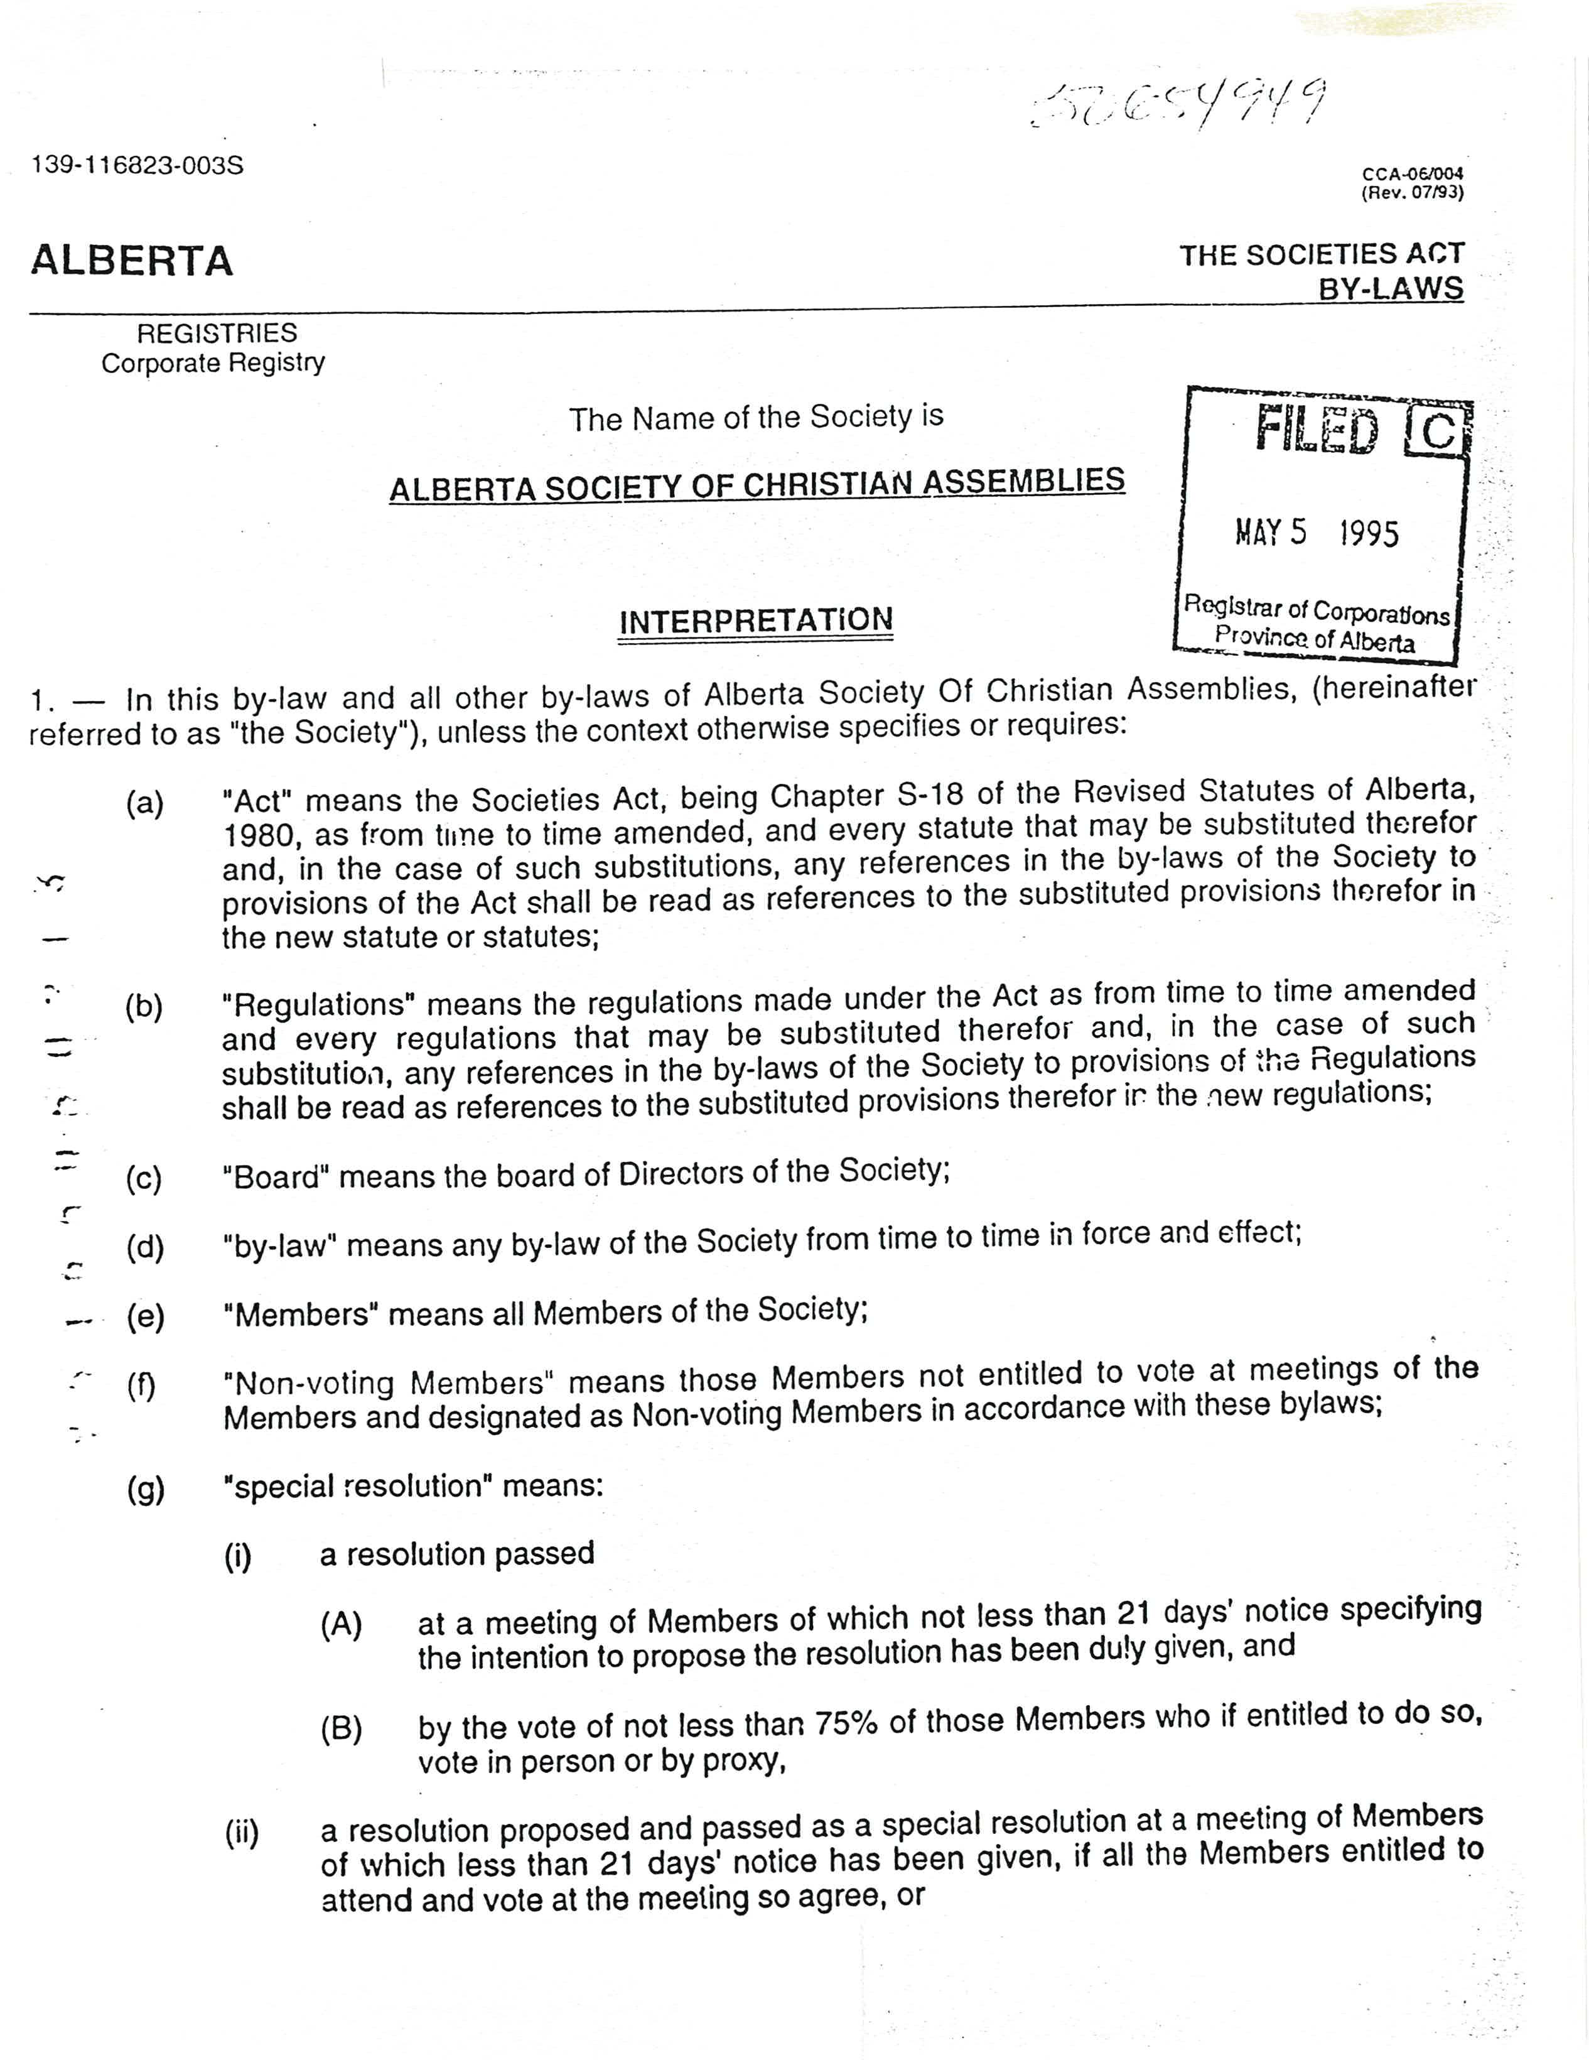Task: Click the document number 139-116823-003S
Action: [x=137, y=165]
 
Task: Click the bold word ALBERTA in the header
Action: [x=132, y=261]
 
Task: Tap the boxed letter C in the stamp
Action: [x=1437, y=432]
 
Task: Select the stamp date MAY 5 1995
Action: [x=1317, y=533]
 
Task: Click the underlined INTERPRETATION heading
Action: [x=755, y=622]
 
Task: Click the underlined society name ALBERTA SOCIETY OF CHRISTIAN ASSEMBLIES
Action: [x=757, y=485]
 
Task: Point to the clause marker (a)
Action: [x=144, y=804]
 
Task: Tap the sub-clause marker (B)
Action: [x=342, y=1728]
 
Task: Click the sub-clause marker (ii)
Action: [x=242, y=1832]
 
